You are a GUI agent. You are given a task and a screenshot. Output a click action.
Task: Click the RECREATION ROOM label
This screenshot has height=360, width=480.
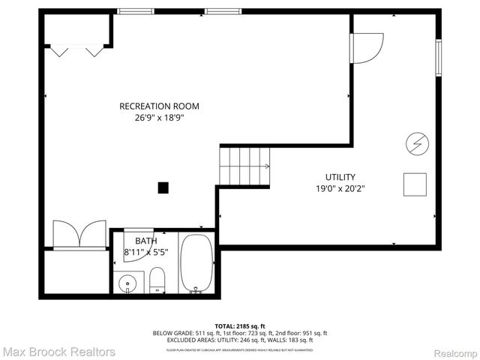point(159,106)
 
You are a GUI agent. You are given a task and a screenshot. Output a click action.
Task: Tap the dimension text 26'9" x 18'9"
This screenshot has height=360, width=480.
point(159,118)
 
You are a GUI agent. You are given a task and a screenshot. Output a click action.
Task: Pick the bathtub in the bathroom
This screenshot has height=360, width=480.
point(197,264)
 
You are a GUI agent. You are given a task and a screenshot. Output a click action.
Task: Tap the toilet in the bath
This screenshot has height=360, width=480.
point(157,282)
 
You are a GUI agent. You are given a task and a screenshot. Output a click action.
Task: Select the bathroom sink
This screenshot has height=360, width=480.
point(128,284)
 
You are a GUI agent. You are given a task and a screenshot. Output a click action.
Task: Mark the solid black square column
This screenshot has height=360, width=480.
point(163,188)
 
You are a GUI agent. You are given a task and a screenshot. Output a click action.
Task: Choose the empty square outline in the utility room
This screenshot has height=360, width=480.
point(415,184)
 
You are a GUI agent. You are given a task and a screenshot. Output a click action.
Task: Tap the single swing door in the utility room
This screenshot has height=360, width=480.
point(367,46)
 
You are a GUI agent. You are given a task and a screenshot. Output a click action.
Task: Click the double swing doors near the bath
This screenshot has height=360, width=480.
point(79,234)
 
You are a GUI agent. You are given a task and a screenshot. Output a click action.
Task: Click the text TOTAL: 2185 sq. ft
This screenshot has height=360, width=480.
point(240,326)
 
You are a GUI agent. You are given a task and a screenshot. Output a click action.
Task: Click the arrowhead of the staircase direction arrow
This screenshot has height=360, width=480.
point(268,166)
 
